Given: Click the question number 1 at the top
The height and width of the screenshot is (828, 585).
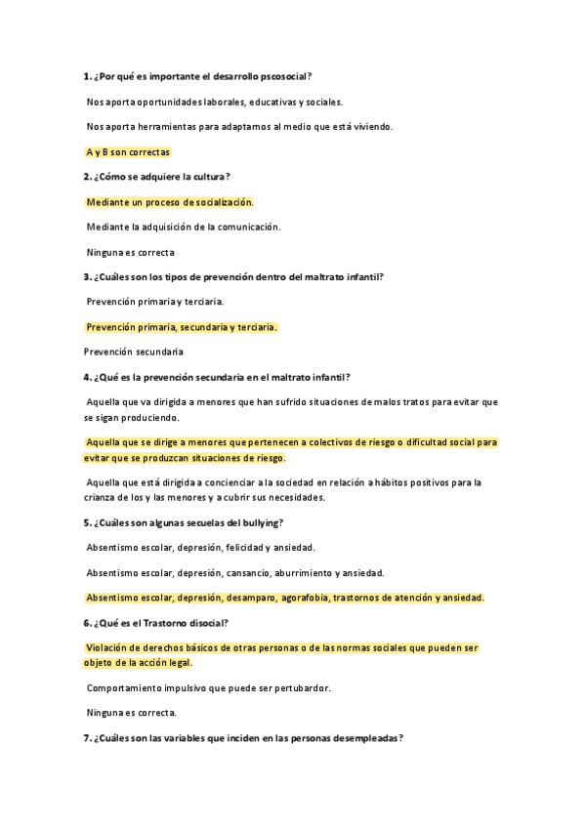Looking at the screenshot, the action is pos(87,76).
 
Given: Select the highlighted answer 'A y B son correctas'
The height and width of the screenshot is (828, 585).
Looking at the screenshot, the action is pos(128,152).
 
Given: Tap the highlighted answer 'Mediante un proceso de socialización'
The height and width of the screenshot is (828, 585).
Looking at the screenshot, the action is pos(169,202).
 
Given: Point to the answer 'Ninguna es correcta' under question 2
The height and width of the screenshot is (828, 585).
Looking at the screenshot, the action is pos(130,252).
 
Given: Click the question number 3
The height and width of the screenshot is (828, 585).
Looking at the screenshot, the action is pos(87,276).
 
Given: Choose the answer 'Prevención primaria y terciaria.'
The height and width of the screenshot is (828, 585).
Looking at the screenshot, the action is pos(155,302).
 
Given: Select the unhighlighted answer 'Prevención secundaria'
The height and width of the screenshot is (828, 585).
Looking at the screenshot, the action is pos(134,352).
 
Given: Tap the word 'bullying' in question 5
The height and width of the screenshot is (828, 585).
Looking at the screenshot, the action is pos(262,522).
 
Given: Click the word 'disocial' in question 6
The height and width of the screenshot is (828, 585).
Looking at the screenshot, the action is pos(205,622).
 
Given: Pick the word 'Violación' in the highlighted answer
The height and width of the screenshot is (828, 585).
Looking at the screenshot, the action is pos(108,647).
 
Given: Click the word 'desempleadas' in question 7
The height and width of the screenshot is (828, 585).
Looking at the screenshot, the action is pos(368,738).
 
